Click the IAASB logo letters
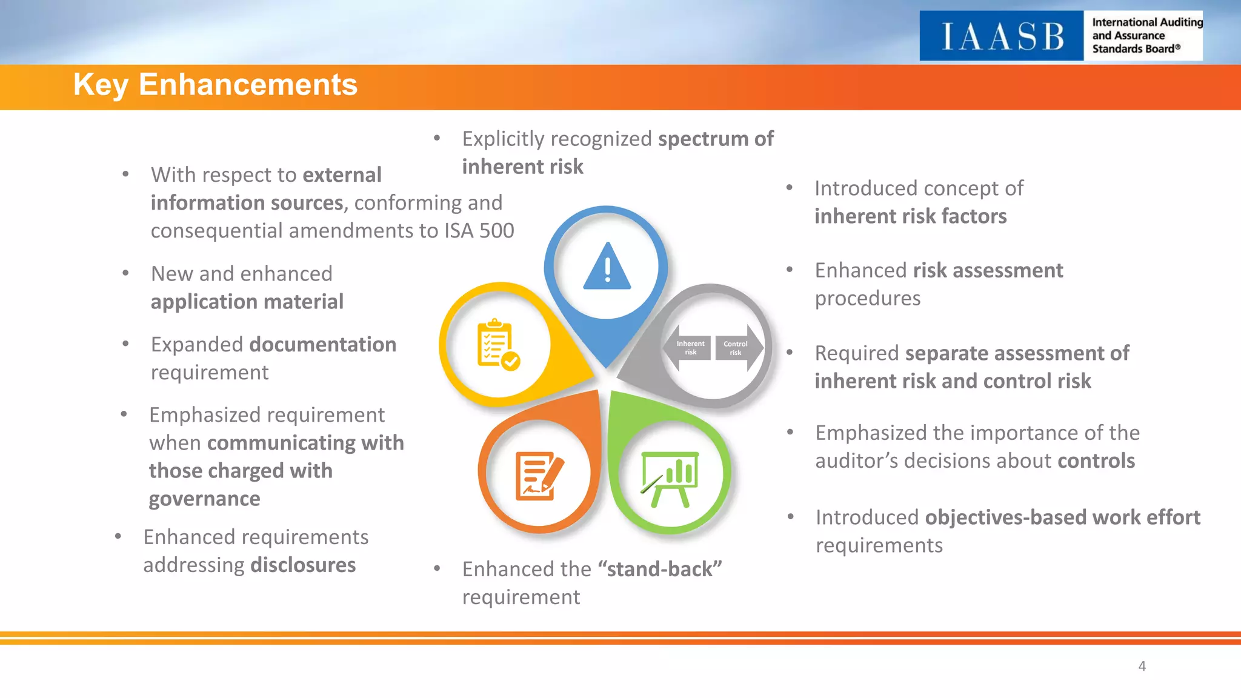tap(1002, 36)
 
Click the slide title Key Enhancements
tap(215, 85)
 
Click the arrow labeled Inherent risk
tap(688, 347)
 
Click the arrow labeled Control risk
tap(737, 347)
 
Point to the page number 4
tap(1142, 666)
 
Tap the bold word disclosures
tap(303, 565)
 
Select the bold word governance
tap(204, 499)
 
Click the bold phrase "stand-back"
tap(659, 570)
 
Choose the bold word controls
tap(1096, 461)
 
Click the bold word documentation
tap(322, 345)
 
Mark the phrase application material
tap(247, 302)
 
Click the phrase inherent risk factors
tap(910, 216)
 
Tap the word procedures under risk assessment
tap(867, 298)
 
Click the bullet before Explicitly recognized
tap(437, 139)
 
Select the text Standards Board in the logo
tap(1133, 49)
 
